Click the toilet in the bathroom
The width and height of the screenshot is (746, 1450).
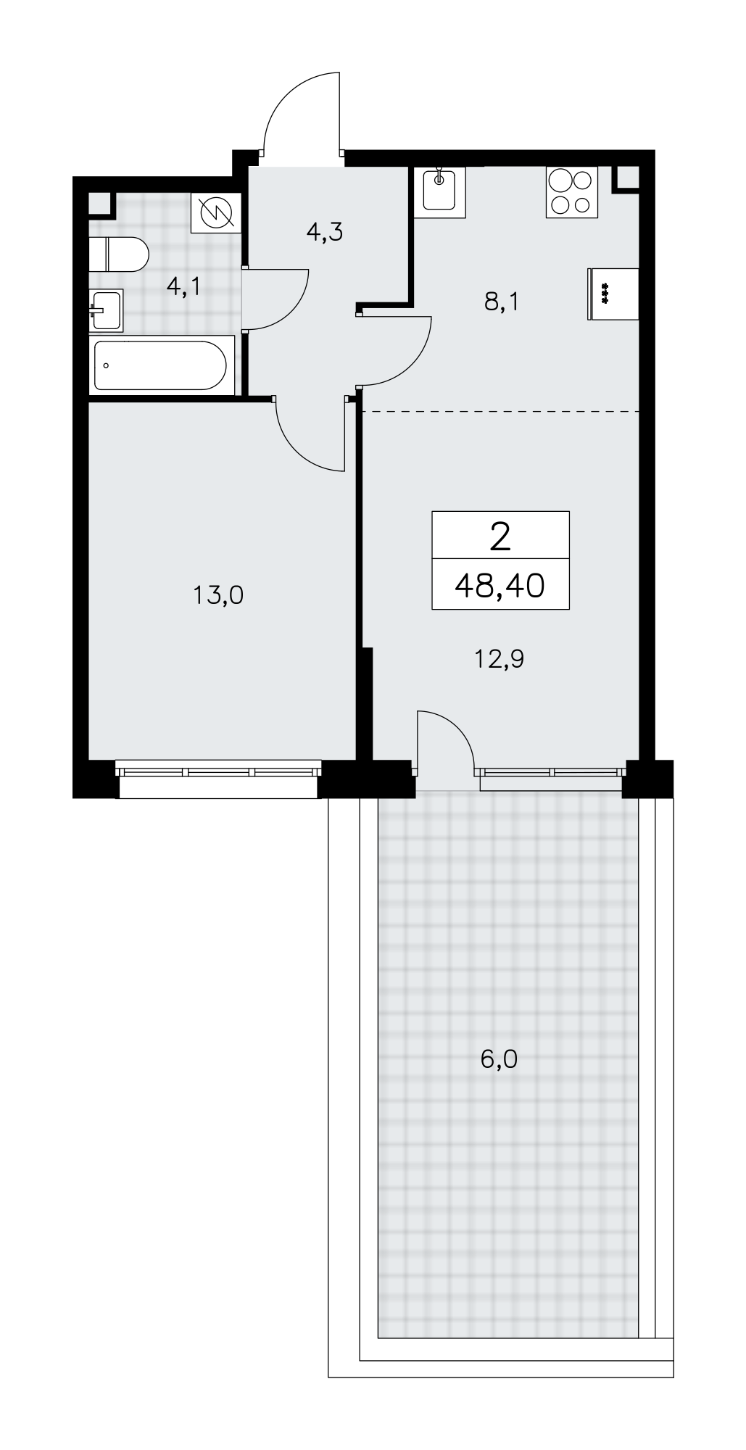pos(119,254)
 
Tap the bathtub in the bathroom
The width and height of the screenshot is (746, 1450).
pos(162,365)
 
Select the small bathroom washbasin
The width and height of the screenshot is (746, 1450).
pos(107,309)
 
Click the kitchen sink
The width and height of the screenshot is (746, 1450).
pos(439,192)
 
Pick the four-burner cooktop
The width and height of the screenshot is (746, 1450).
pos(572,192)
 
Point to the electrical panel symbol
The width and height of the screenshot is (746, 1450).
pos(215,213)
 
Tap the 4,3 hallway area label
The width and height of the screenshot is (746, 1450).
pos(324,232)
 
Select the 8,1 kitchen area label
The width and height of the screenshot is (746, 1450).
pos(502,302)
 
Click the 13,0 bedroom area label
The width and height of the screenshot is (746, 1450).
pos(218,595)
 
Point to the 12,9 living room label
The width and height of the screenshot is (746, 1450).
pos(499,659)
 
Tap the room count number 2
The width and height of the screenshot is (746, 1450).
pos(500,536)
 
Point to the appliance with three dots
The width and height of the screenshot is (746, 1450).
pos(613,294)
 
